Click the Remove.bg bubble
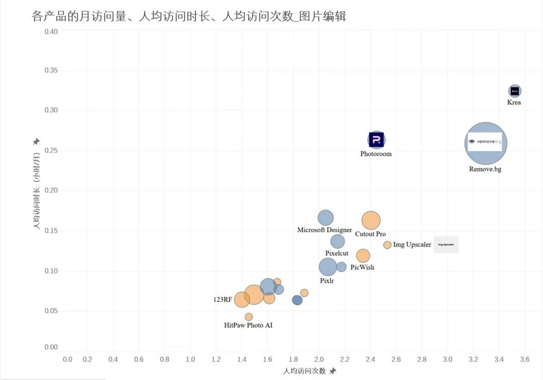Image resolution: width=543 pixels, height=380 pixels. [486, 143]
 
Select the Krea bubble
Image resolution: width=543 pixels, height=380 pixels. [515, 91]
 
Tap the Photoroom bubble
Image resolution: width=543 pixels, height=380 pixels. [376, 140]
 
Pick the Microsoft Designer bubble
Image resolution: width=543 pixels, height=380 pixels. [325, 218]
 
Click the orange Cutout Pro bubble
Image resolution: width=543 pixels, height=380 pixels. [371, 220]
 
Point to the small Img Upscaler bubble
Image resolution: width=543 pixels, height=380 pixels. [387, 245]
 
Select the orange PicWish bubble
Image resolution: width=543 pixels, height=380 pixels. [363, 256]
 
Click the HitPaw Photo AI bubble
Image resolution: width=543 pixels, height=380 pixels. [249, 317]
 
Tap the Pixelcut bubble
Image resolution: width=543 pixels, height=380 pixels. [338, 241]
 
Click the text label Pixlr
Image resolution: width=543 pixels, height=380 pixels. [327, 281]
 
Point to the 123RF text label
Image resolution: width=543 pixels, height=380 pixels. [223, 299]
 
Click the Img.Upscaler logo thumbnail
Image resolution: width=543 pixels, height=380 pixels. [446, 245]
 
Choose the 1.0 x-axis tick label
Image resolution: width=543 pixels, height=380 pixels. [190, 359]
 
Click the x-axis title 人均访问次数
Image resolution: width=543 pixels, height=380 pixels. [304, 371]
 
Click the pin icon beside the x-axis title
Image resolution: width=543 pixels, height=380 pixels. [333, 371]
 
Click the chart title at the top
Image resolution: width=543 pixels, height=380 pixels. [189, 17]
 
